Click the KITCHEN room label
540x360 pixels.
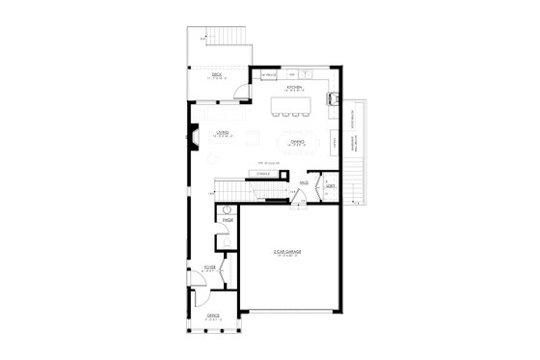coord(294,87)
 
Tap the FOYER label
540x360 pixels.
coord(208,269)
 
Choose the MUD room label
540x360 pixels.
coord(304,182)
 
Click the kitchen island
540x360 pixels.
coord(293,102)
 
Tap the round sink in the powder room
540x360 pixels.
coord(228,208)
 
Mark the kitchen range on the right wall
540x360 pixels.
coord(334,97)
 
